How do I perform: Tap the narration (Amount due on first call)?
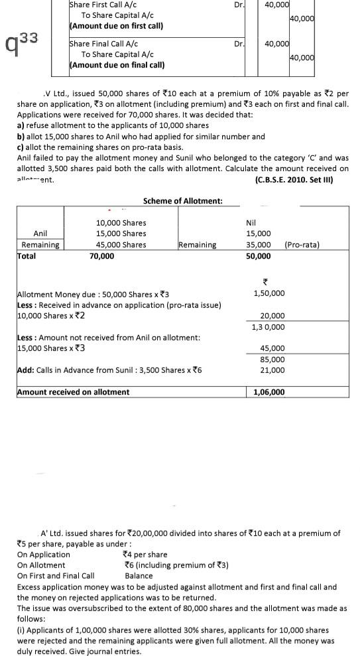pos(117,25)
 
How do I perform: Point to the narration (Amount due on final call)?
pos(117,65)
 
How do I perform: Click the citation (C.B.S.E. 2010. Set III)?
pos(293,179)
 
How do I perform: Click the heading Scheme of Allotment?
pos(182,201)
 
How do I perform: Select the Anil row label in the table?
pos(40,233)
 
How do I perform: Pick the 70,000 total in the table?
pos(101,256)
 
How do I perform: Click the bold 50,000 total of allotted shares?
pos(258,256)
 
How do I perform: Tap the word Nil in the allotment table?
pos(251,223)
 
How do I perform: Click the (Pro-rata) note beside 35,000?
pos(301,245)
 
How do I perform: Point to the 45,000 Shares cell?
pos(121,245)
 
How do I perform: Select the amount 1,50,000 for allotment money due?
pos(269,293)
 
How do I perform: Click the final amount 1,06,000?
pos(269,392)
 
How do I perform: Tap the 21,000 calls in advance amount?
pos(272,370)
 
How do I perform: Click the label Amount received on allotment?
pos(73,392)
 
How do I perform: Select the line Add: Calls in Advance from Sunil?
pos(108,370)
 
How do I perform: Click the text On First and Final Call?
pos(56,576)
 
